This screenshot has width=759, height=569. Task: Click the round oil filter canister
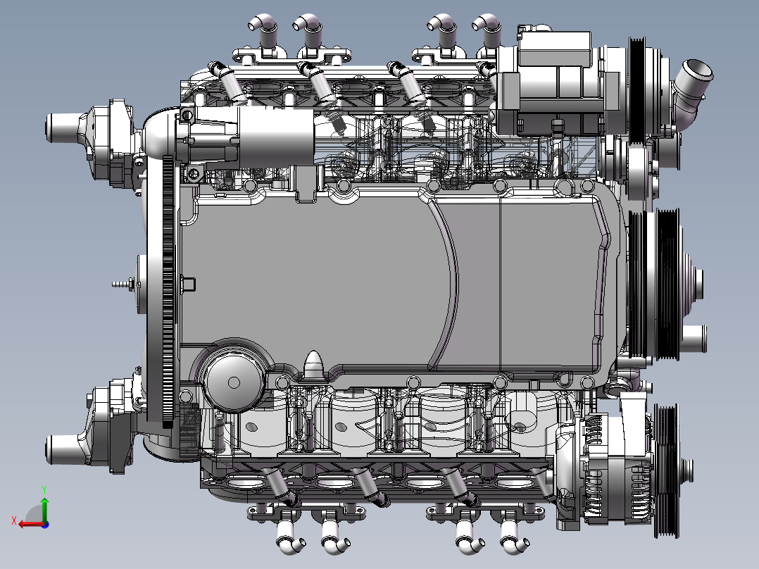233,382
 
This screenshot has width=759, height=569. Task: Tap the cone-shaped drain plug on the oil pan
314,364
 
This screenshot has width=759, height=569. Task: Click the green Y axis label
44,489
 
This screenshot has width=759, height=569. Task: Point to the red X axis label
14,521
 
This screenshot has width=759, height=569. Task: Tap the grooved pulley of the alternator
667,470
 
